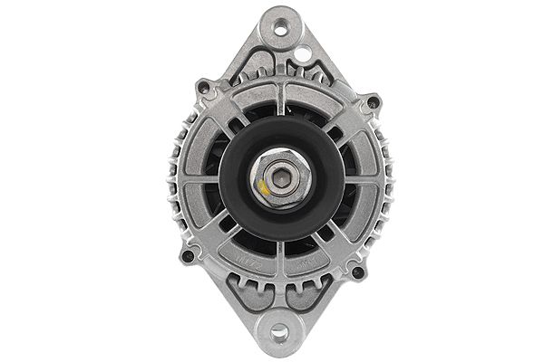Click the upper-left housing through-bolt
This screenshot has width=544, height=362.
coord(205,89)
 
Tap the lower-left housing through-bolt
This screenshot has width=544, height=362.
coord(188,256)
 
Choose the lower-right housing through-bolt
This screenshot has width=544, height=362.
coord(357,271)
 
